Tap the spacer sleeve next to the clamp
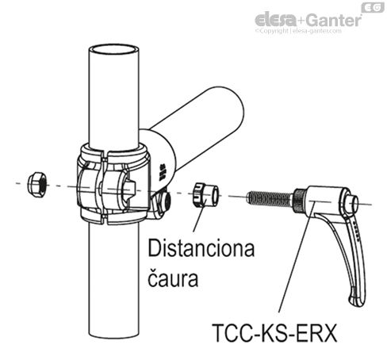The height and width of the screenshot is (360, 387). tap(204, 194)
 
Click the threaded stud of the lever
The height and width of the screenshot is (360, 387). tap(270, 197)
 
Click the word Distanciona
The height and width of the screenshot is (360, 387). tap(201, 251)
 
